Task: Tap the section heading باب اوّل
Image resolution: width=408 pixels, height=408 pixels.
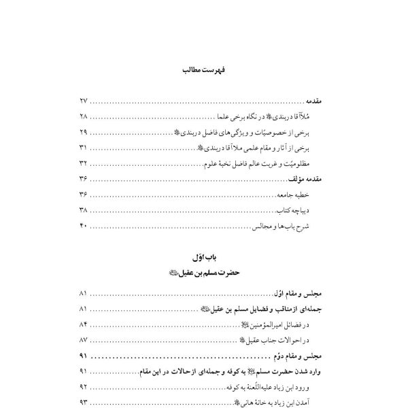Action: point(203,258)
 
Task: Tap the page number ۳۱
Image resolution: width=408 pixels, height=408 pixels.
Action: point(84,148)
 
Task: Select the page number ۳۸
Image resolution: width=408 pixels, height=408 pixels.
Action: point(84,211)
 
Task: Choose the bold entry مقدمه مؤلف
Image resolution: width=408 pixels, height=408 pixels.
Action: point(311,179)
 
